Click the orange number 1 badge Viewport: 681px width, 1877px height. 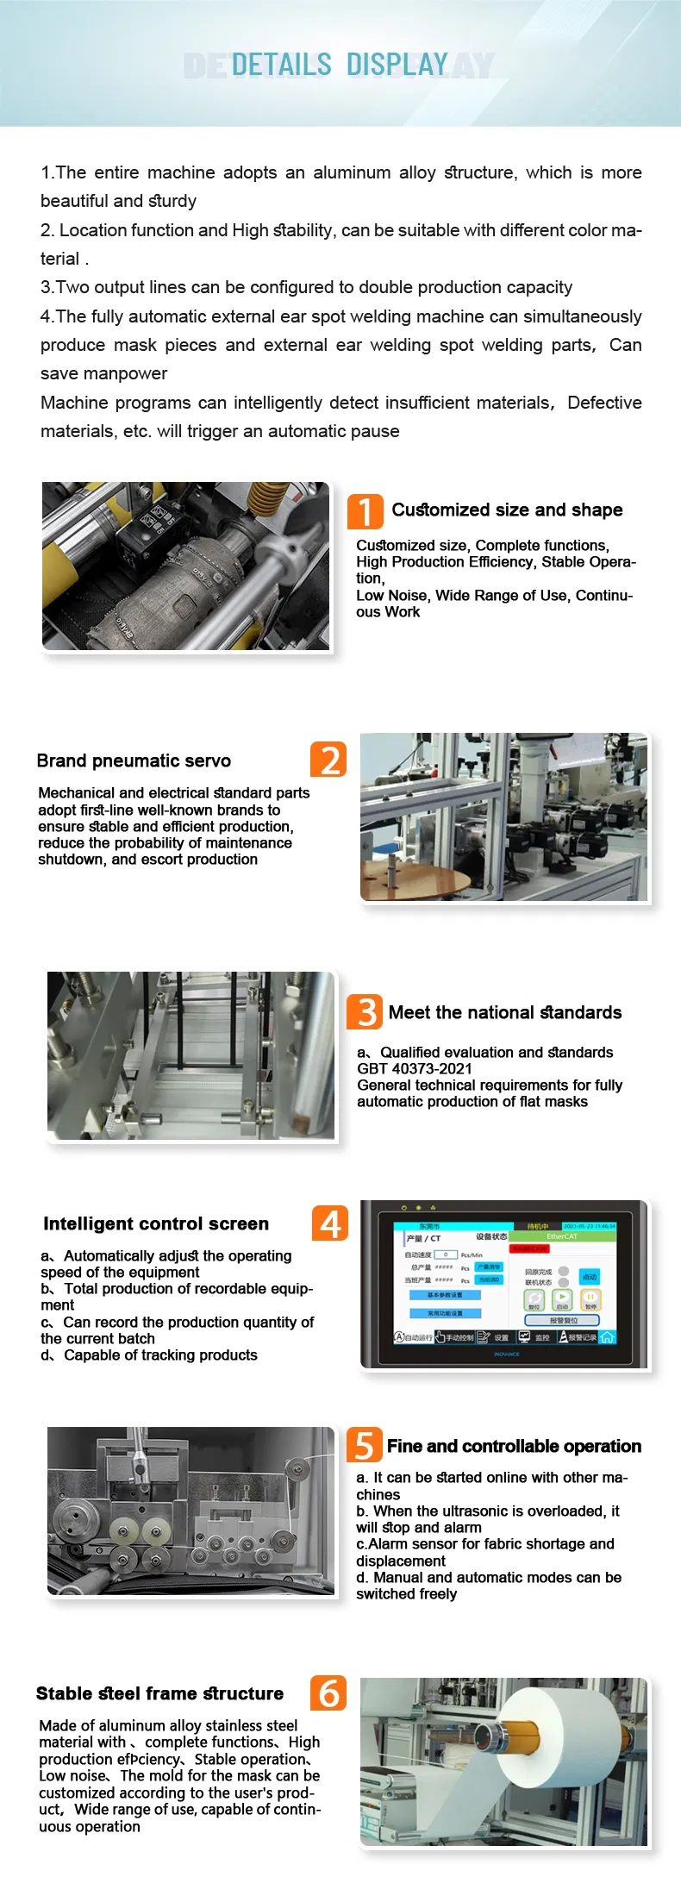[x=365, y=511]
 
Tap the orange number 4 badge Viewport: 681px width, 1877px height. [x=330, y=1223]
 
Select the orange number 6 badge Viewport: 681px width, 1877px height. [x=328, y=1693]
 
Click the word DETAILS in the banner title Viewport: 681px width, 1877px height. [x=282, y=65]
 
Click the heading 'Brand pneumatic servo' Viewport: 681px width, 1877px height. [x=134, y=760]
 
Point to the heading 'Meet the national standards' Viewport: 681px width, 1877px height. [x=504, y=1012]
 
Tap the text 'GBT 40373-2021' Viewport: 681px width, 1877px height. [x=415, y=1069]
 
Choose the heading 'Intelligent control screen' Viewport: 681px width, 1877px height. [x=156, y=1223]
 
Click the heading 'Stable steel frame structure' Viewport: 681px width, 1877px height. [x=159, y=1693]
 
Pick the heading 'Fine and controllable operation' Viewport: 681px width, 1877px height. [x=514, y=1446]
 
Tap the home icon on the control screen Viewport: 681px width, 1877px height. [x=607, y=1337]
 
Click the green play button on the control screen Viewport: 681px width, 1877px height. [x=562, y=1298]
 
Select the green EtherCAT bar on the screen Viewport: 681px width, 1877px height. [x=562, y=1236]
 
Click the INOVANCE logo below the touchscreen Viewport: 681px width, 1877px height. [x=507, y=1355]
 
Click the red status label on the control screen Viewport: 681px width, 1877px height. [x=528, y=1248]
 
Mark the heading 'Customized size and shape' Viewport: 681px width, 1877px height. [x=507, y=510]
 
